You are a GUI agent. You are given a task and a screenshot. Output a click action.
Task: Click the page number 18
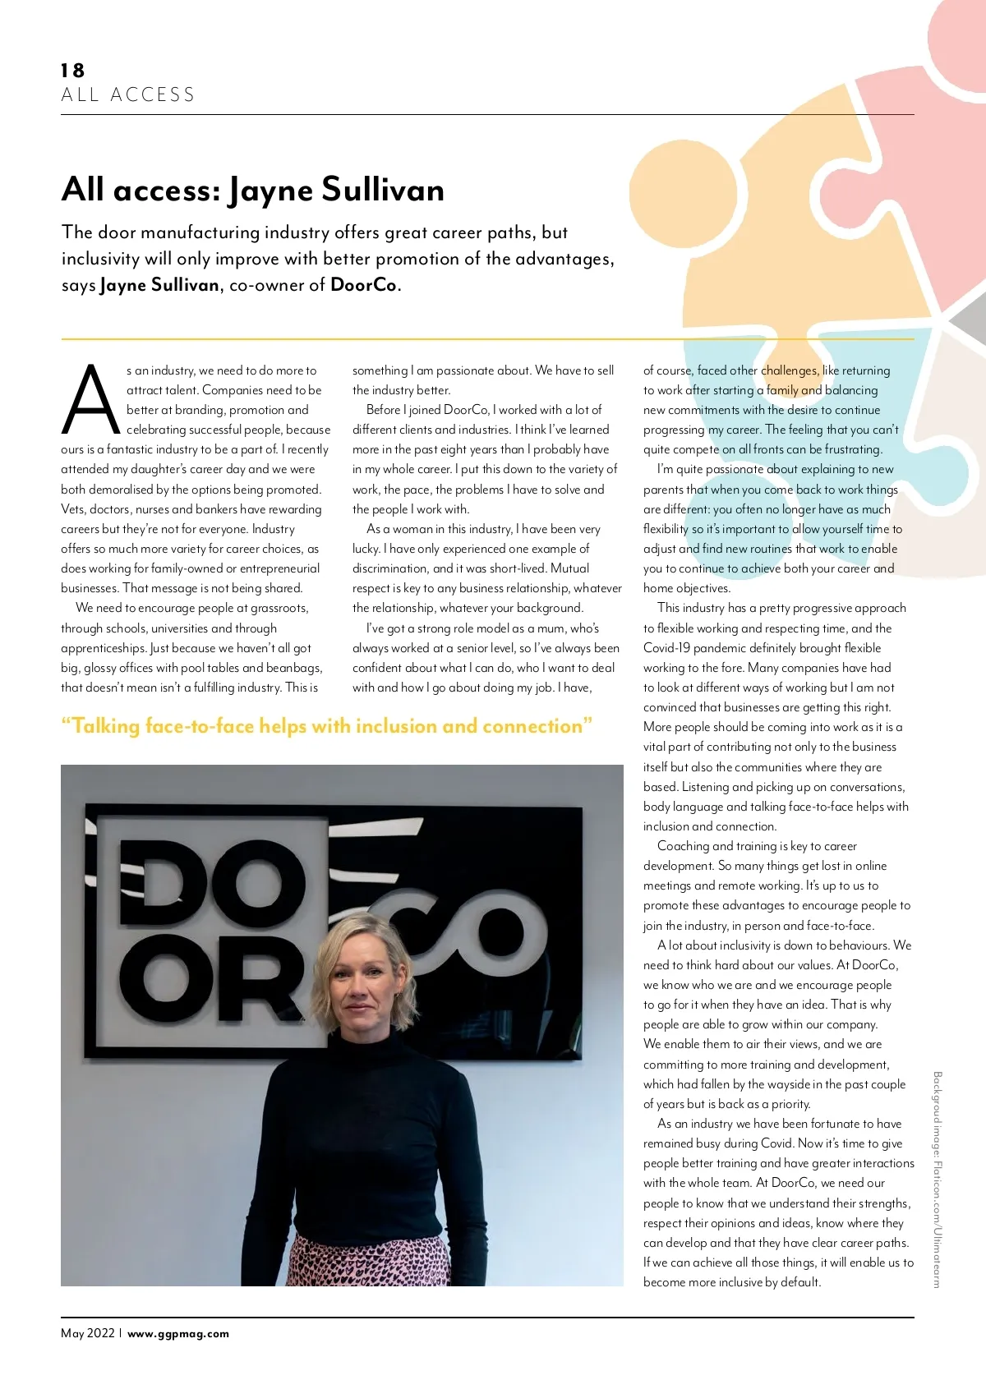click(x=72, y=71)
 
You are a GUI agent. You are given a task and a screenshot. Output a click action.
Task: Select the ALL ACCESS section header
click(x=128, y=95)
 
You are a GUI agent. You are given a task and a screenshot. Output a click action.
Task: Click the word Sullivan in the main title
click(x=382, y=190)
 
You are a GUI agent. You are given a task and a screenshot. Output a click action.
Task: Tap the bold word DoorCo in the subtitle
click(x=363, y=285)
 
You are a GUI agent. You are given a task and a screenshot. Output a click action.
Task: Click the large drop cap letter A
click(x=90, y=400)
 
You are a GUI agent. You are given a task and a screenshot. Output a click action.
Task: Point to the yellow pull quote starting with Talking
click(x=326, y=726)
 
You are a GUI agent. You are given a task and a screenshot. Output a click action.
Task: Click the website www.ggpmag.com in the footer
click(x=178, y=1334)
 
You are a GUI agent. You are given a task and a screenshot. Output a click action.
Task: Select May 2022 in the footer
click(x=87, y=1333)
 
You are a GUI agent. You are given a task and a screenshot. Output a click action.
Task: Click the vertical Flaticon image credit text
click(x=938, y=1179)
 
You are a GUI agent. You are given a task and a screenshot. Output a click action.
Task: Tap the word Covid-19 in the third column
click(x=666, y=648)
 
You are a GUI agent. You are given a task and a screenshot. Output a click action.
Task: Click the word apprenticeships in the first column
click(x=104, y=648)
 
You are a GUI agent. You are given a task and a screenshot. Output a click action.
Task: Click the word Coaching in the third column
click(x=683, y=846)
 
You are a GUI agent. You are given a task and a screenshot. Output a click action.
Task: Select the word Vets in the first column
click(x=72, y=509)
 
